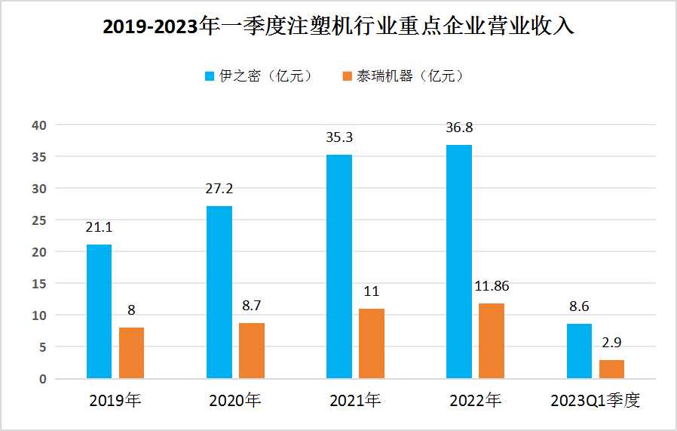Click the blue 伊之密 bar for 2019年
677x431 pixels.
click(x=99, y=311)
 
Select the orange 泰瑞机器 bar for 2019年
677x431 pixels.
click(x=131, y=352)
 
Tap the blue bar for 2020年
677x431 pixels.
click(x=219, y=291)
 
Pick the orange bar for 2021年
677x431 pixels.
click(x=372, y=343)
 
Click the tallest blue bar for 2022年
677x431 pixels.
click(x=459, y=261)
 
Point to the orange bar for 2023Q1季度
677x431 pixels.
click(x=611, y=369)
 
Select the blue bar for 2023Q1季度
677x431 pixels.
click(x=579, y=351)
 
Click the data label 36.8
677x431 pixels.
click(x=459, y=128)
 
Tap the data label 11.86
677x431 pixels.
click(x=492, y=287)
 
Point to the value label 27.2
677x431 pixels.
click(x=219, y=189)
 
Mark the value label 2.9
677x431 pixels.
click(x=611, y=343)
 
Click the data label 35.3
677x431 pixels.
click(x=339, y=137)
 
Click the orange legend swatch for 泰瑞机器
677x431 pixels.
click(x=347, y=76)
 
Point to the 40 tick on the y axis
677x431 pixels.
click(x=38, y=125)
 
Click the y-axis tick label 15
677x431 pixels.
click(x=38, y=284)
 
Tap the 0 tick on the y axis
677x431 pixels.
click(x=42, y=379)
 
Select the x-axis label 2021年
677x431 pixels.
click(x=355, y=402)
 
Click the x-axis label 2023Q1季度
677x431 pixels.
click(x=595, y=402)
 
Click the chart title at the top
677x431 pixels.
click(x=338, y=27)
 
